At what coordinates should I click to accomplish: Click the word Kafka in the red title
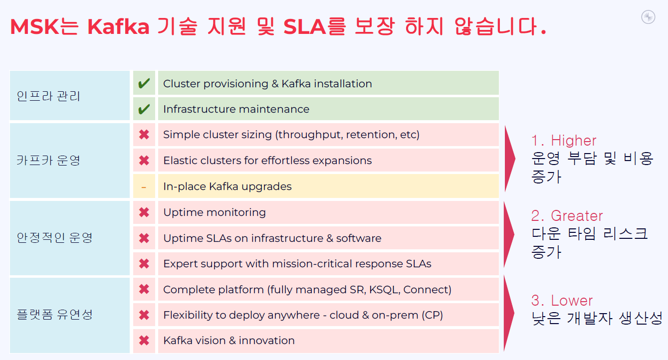(x=118, y=27)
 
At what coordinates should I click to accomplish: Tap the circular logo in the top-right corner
(x=648, y=17)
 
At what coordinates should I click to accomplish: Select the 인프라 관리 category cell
(x=70, y=96)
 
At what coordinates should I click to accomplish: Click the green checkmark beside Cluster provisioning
(x=144, y=83)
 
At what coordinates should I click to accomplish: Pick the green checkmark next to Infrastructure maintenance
(x=144, y=109)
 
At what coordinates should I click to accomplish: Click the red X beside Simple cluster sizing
(x=144, y=135)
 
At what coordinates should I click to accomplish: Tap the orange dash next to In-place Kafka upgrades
(x=144, y=187)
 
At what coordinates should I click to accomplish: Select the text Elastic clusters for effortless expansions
(x=267, y=161)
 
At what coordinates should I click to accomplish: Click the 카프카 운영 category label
(x=48, y=160)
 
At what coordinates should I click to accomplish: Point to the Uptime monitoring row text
(x=215, y=212)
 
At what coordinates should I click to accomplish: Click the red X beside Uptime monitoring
(x=144, y=212)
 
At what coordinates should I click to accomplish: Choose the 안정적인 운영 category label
(x=54, y=237)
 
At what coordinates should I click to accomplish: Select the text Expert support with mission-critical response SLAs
(x=297, y=264)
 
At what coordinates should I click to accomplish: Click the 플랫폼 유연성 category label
(x=54, y=315)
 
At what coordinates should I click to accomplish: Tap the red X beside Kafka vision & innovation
(x=144, y=341)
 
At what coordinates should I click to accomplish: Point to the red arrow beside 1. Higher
(x=510, y=159)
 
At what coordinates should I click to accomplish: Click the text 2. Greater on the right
(x=567, y=215)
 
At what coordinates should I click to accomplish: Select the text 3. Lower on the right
(x=562, y=300)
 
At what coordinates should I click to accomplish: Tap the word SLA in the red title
(x=304, y=27)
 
